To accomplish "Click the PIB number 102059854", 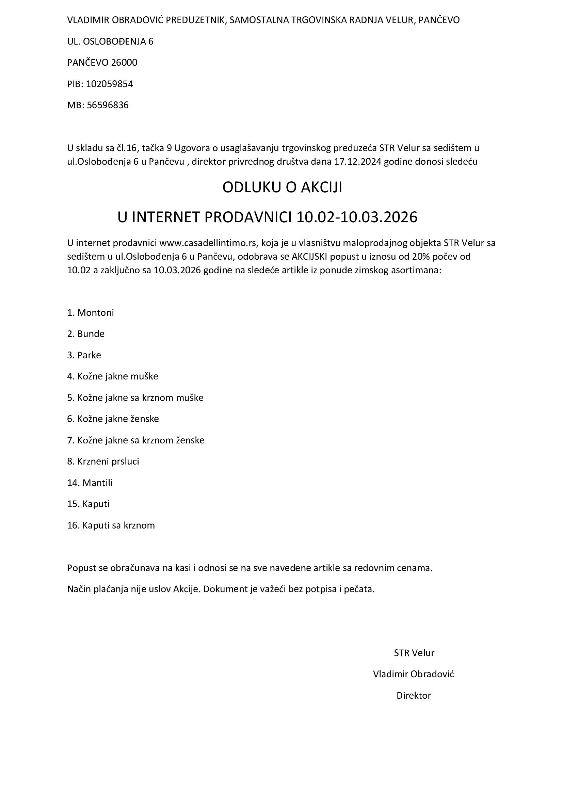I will pyautogui.click(x=109, y=84).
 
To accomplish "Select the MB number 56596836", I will pyautogui.click(x=108, y=105).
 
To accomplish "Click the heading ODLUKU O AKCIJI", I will pyautogui.click(x=282, y=188).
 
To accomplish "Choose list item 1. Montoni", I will pyautogui.click(x=91, y=313).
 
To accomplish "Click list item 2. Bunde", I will pyautogui.click(x=86, y=334).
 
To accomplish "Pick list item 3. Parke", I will pyautogui.click(x=84, y=355).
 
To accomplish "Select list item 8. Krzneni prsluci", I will pyautogui.click(x=103, y=461).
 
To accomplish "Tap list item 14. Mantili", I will pyautogui.click(x=90, y=483).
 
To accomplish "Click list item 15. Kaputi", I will pyautogui.click(x=88, y=504).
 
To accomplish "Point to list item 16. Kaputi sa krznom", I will pyautogui.click(x=111, y=525).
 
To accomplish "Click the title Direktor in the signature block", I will pyautogui.click(x=414, y=696).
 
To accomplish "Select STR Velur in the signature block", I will pyautogui.click(x=414, y=653).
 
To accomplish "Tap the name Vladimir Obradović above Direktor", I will pyautogui.click(x=413, y=674).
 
